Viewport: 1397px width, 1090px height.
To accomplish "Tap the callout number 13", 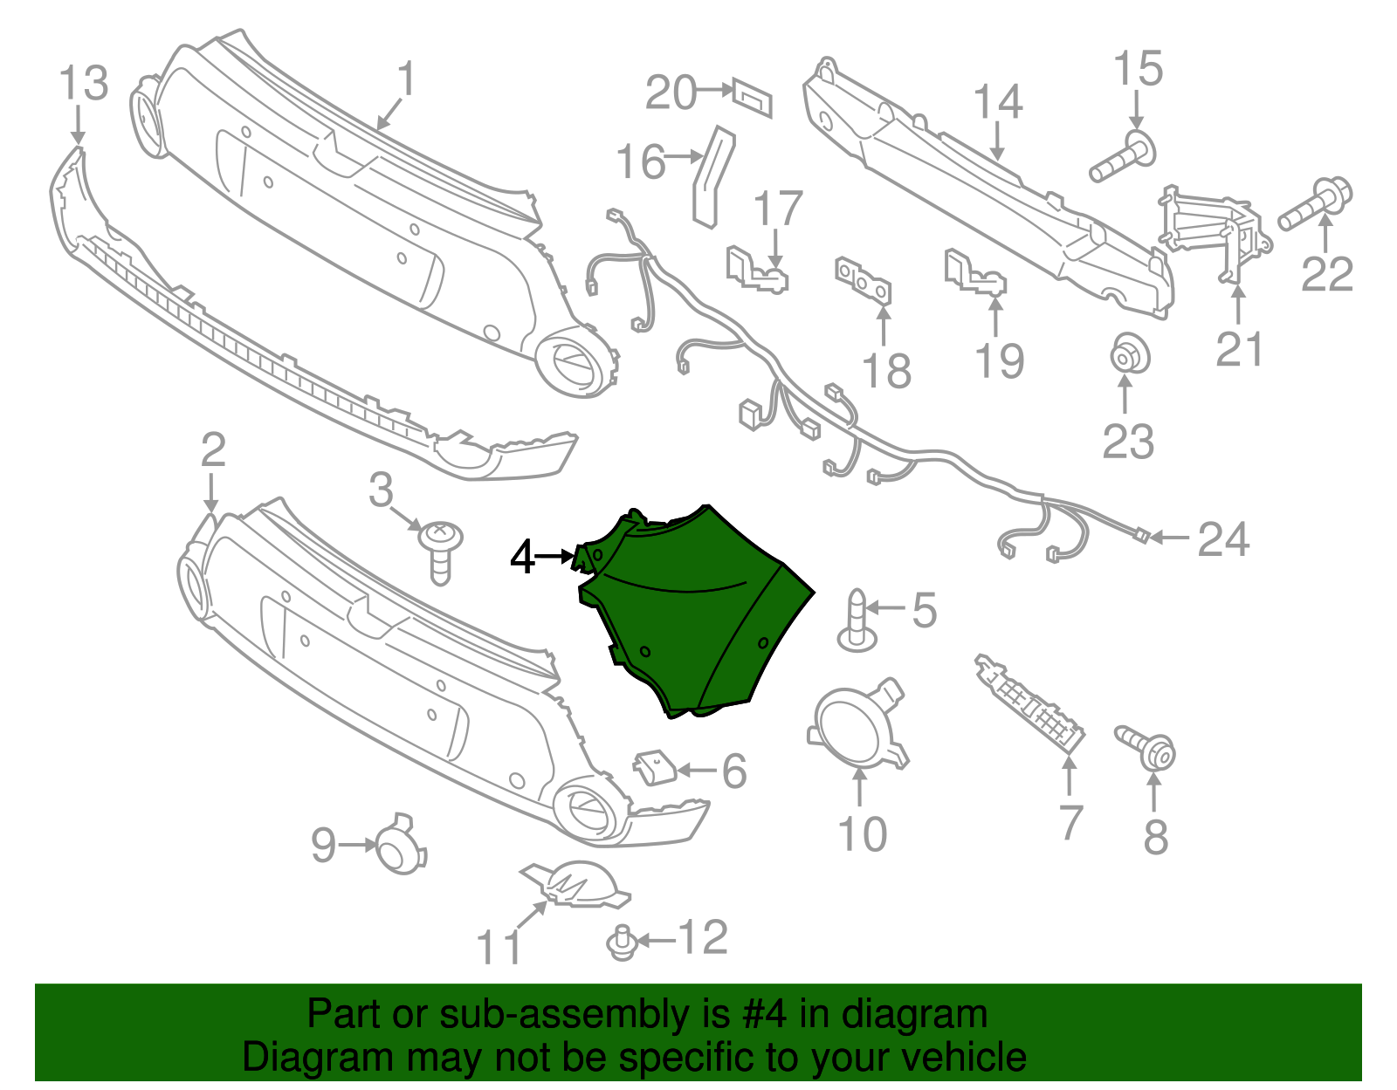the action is pyautogui.click(x=84, y=85).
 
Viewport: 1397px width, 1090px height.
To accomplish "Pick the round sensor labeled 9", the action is pyautogui.click(x=400, y=845).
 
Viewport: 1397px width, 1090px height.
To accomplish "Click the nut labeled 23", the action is pyautogui.click(x=1128, y=357).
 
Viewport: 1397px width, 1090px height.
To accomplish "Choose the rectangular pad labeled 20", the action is pyautogui.click(x=753, y=96).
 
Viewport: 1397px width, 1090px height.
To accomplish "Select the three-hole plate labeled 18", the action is pyautogui.click(x=863, y=279).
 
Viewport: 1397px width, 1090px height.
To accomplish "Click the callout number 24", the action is pyautogui.click(x=1223, y=540).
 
